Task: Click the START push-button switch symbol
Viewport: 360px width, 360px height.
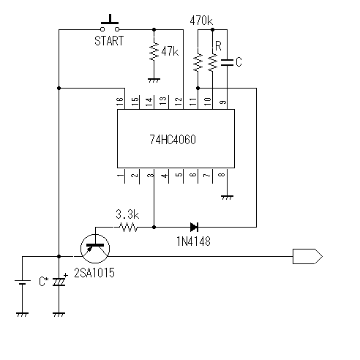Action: [110, 23]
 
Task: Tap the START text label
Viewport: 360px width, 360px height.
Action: [109, 41]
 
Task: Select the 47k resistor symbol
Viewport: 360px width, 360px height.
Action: [154, 52]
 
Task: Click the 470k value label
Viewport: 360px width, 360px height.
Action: [201, 20]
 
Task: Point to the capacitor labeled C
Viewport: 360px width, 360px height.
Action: [227, 62]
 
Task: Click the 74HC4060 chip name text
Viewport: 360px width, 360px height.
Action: [173, 140]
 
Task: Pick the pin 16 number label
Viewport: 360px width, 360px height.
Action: [120, 101]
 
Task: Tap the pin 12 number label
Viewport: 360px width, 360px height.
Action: [179, 101]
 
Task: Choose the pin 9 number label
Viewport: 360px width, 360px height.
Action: [222, 102]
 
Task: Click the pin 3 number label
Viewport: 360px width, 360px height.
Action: [151, 175]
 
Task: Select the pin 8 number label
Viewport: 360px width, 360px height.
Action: [221, 175]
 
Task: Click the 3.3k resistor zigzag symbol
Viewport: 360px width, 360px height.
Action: [129, 228]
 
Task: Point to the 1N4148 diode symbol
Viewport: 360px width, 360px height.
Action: [194, 227]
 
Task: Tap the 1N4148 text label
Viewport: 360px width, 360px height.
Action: [193, 241]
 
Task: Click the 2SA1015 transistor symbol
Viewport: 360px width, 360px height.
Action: [95, 249]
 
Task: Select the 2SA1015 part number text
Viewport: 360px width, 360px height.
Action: [94, 273]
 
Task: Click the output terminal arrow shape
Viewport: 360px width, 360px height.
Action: [307, 256]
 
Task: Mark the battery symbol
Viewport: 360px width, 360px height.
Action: [23, 282]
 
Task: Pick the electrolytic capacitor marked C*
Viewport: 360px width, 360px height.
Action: [59, 282]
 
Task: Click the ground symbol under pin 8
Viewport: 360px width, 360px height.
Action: [227, 197]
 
